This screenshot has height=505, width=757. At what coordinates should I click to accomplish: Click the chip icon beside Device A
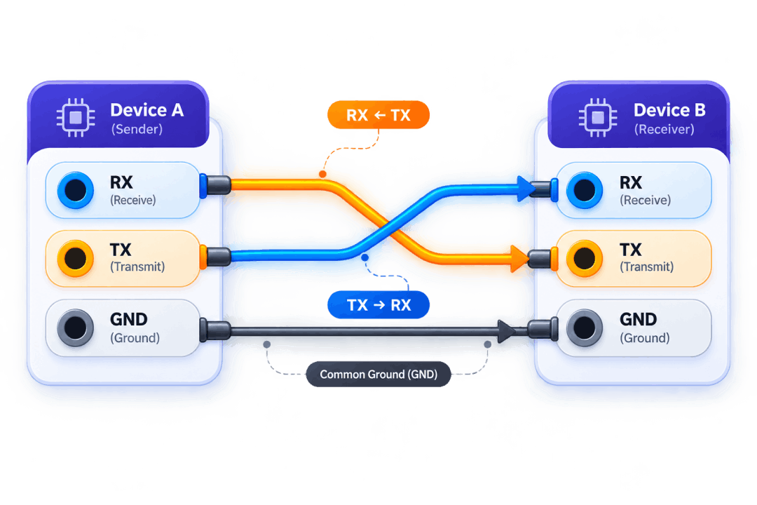click(76, 117)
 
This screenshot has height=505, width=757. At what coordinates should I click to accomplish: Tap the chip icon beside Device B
click(598, 117)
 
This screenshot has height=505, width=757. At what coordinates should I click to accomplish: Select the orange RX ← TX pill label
click(378, 115)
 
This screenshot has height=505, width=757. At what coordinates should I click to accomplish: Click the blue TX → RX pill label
click(378, 305)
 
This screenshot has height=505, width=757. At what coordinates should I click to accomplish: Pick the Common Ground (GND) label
click(378, 374)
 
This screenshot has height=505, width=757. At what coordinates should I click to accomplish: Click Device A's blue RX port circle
click(76, 190)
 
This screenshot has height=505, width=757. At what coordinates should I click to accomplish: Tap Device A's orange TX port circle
click(76, 259)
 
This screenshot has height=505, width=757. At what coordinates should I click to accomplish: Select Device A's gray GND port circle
click(76, 328)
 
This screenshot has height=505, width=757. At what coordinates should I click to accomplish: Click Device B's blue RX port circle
click(585, 190)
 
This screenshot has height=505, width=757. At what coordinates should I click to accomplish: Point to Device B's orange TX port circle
click(585, 259)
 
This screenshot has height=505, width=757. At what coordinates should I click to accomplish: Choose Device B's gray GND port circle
click(585, 328)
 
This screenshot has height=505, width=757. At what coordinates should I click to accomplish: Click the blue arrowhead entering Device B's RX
click(525, 189)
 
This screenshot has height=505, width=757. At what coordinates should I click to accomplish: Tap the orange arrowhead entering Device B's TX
click(519, 259)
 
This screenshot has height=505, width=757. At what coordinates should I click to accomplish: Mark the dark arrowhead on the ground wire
click(506, 332)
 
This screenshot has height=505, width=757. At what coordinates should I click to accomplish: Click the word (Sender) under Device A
click(137, 130)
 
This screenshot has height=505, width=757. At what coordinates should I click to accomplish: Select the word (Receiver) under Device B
click(664, 130)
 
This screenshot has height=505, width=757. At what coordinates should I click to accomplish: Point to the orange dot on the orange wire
click(322, 174)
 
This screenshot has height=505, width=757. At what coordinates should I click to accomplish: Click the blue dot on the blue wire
click(365, 257)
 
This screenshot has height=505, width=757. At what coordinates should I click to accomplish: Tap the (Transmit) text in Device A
click(137, 267)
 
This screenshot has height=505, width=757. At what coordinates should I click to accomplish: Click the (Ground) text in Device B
click(645, 338)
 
